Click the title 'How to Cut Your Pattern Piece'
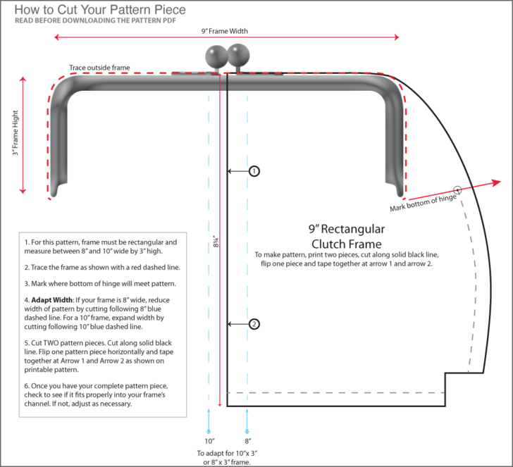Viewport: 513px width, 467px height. coord(100,10)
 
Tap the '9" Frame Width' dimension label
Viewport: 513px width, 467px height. coord(224,31)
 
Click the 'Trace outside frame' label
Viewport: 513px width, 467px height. coord(99,68)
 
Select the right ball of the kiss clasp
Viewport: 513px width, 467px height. coord(239,54)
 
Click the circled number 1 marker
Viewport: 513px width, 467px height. coord(254,170)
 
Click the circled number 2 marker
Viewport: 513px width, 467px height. coord(254,324)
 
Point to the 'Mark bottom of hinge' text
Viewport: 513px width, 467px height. coord(423,202)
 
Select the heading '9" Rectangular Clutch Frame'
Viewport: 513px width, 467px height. coord(346,236)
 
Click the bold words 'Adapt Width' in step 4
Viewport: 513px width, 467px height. coord(50,299)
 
